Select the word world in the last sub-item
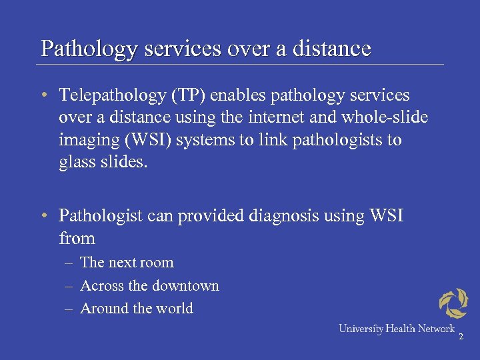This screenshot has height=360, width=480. [175, 309]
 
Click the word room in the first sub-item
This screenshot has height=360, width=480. [158, 263]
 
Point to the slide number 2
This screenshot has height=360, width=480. [460, 337]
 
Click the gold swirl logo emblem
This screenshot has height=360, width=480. [453, 303]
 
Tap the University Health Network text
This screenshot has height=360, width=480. [396, 329]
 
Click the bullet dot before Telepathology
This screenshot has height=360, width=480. [43, 96]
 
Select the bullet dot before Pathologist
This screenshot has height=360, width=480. [43, 216]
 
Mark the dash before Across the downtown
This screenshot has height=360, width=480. [69, 286]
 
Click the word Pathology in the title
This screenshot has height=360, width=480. [79, 49]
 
